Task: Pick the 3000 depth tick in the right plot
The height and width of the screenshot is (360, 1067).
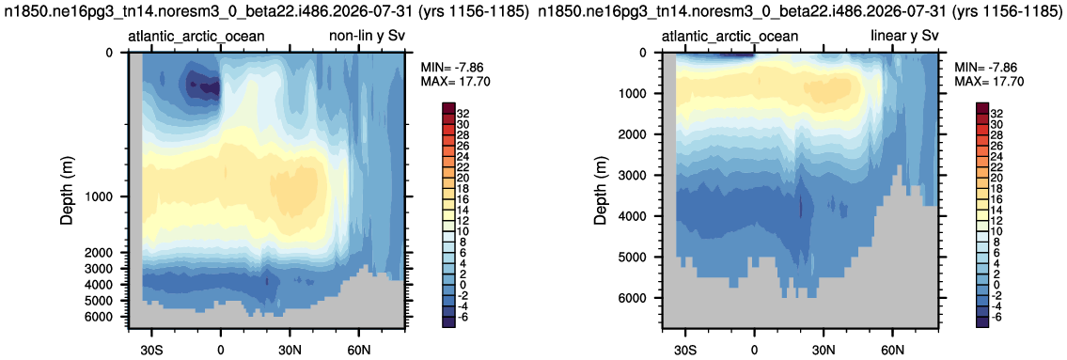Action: [x=639, y=176]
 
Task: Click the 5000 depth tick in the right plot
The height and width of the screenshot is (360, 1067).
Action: [x=639, y=258]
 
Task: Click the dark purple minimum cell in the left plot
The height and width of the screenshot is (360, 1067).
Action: [x=204, y=86]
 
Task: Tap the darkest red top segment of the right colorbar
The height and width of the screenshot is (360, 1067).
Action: [x=982, y=108]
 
